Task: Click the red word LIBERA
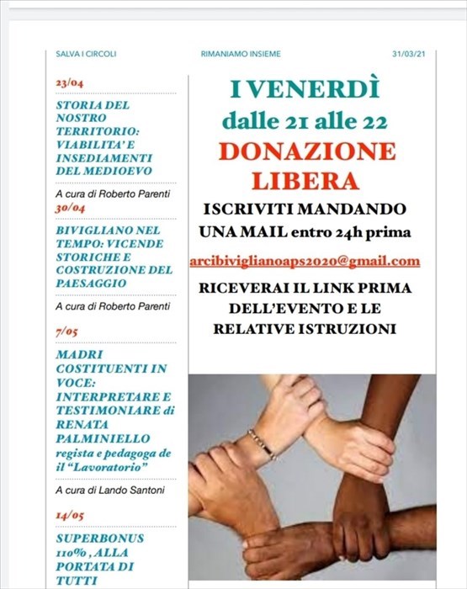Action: (306, 180)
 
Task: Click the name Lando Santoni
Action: (127, 489)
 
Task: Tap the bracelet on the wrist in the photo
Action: (263, 443)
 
